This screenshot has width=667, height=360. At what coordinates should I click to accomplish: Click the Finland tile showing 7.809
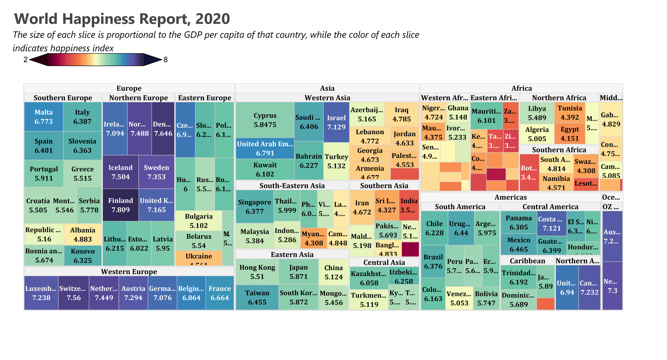coord(121,205)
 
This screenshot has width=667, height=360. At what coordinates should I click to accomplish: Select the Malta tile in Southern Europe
coord(44,117)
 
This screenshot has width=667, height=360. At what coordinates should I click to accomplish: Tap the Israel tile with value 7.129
coord(336,122)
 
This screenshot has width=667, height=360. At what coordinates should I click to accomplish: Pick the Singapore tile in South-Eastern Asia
coord(254,207)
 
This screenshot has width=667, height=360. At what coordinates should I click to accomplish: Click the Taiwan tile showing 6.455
coord(257,297)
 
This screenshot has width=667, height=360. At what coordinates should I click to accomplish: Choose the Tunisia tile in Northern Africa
coord(570,113)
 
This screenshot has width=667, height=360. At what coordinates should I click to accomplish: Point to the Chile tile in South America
coord(434,228)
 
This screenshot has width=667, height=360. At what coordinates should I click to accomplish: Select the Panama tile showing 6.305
coord(518,222)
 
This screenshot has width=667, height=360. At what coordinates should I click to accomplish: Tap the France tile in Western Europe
coord(220,293)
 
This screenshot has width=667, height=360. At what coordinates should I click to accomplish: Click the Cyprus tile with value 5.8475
coord(265,120)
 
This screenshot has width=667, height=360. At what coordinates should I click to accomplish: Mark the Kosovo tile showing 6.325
coord(83,256)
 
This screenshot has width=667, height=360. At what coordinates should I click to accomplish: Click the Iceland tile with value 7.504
coord(121,172)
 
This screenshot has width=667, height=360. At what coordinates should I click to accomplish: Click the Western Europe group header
coord(129,272)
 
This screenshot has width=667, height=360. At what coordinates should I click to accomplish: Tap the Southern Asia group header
coord(384,186)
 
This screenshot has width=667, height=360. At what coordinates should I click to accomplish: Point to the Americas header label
coord(510,197)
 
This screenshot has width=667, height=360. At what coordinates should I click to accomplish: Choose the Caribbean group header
coord(527,261)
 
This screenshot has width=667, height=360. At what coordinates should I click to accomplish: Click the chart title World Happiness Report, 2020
coord(122,19)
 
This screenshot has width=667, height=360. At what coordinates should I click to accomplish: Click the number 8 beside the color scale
coord(165,60)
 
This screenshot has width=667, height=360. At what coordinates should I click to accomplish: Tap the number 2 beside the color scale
coord(25,60)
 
